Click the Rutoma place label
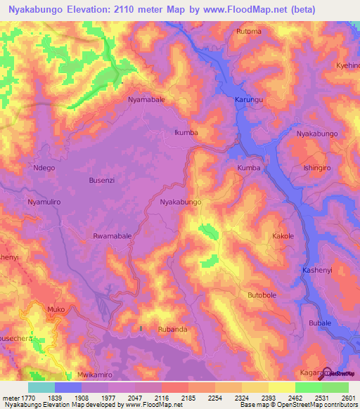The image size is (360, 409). [249, 32]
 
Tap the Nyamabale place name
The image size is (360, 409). [146, 100]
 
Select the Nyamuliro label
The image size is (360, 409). [44, 202]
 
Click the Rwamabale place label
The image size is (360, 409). [112, 237]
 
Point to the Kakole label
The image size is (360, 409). [283, 237]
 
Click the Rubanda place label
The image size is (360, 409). [172, 329]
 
